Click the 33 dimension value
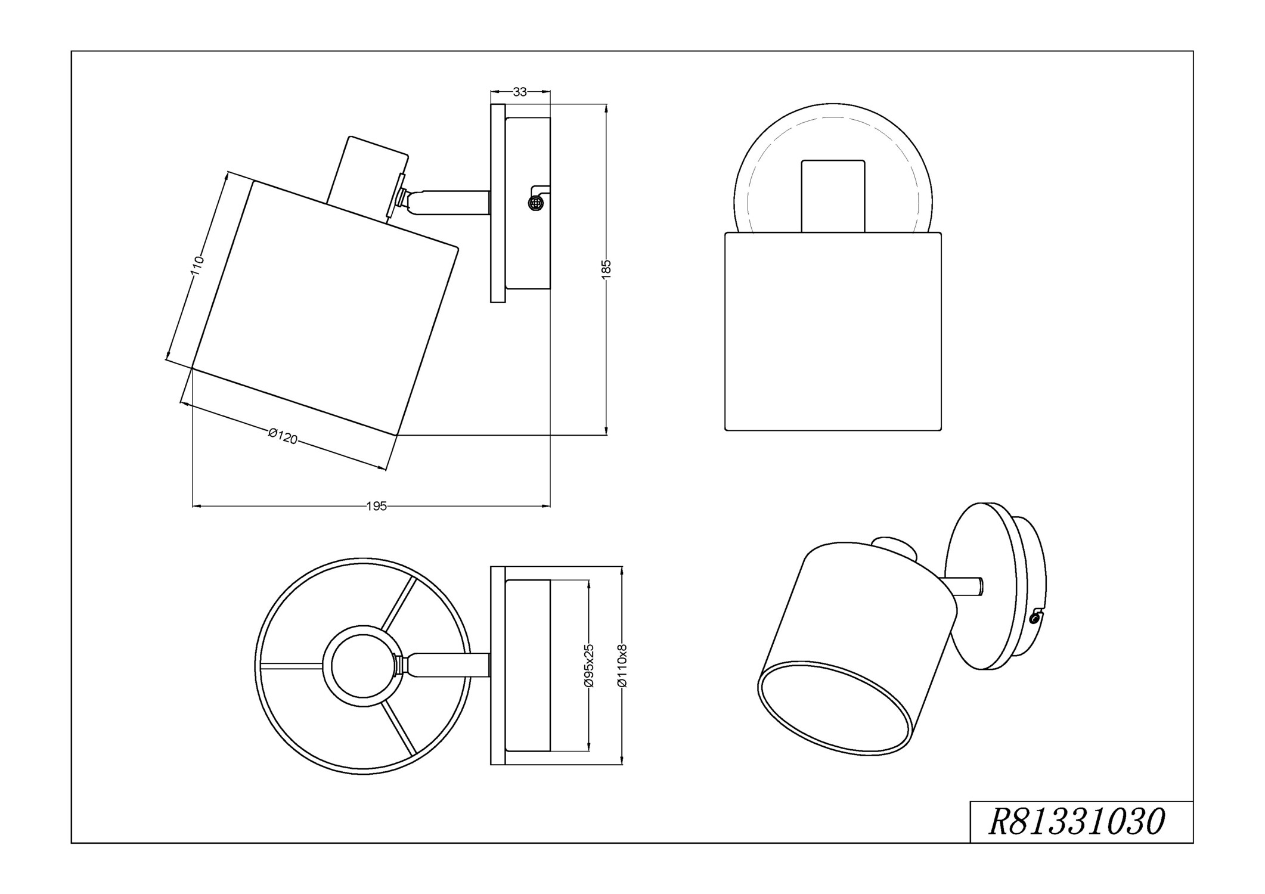pyautogui.click(x=520, y=92)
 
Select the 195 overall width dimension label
pyautogui.click(x=376, y=506)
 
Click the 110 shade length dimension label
pyautogui.click(x=197, y=266)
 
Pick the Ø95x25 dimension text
pyautogui.click(x=590, y=666)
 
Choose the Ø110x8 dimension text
pyautogui.click(x=622, y=666)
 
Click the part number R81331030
pyautogui.click(x=1077, y=823)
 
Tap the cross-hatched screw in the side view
pyautogui.click(x=536, y=203)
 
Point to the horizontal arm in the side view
pyautogui.click(x=453, y=203)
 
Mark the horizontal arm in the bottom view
pyautogui.click(x=450, y=665)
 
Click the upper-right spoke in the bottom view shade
pyautogui.click(x=399, y=603)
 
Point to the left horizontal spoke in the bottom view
pyautogui.click(x=292, y=666)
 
